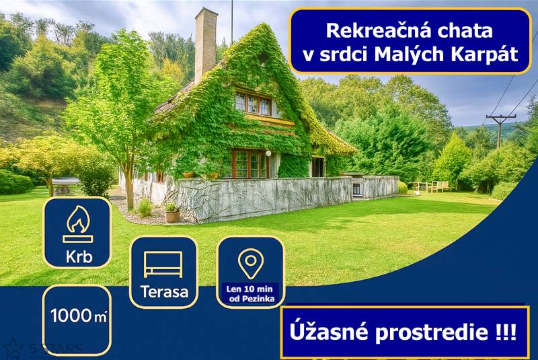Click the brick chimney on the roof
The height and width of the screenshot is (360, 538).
(x=206, y=44)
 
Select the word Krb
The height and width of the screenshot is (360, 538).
(x=77, y=257)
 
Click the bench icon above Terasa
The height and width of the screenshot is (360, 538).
(x=163, y=264)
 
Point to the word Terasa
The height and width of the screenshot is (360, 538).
(x=163, y=292)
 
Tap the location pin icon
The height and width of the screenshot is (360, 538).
(x=251, y=263)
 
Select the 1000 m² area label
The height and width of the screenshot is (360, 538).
(x=79, y=316)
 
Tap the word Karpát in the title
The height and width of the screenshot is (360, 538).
(x=488, y=55)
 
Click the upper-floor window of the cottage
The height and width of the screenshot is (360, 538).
(x=253, y=104)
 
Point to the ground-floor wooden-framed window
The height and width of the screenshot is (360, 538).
(x=249, y=164)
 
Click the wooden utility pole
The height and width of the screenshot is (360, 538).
(x=500, y=129)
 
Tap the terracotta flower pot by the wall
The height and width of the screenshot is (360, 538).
(x=172, y=215)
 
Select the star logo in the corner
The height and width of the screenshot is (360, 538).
(x=13, y=348)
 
